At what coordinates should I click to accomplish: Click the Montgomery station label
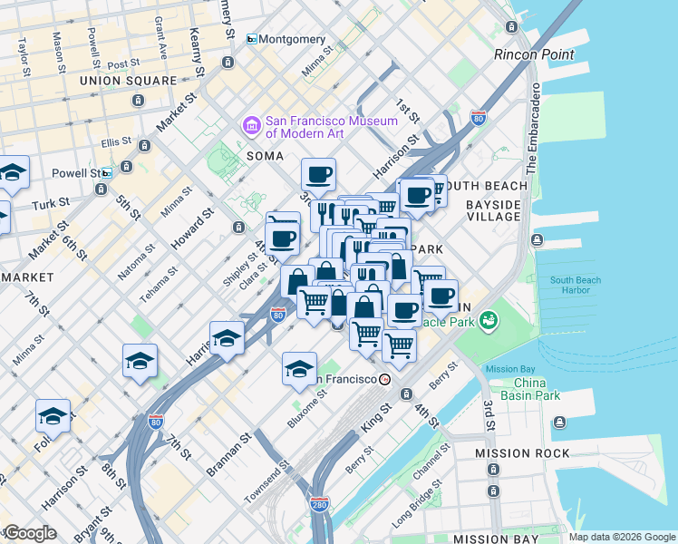point(294,39)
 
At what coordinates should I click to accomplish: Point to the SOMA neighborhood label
point(266,156)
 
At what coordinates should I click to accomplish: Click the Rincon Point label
point(534,54)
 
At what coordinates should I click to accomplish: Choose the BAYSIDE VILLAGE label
point(493,210)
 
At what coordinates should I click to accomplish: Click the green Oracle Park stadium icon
point(489,320)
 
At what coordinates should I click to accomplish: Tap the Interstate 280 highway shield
point(318,502)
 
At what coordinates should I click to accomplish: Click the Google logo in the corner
point(29,533)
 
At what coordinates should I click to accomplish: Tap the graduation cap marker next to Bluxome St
point(299,368)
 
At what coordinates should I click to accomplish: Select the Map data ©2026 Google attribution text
point(622,537)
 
